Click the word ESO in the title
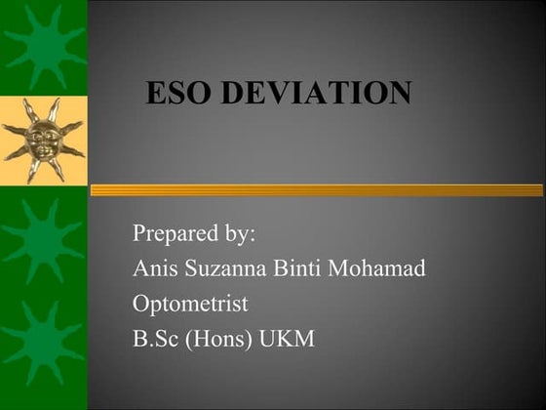pos(178,94)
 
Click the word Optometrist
pos(190,304)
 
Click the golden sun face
pos(43,139)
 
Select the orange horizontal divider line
pos(317,190)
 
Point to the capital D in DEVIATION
pos(232,94)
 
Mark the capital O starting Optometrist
pos(141,304)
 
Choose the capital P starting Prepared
pos(139,235)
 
